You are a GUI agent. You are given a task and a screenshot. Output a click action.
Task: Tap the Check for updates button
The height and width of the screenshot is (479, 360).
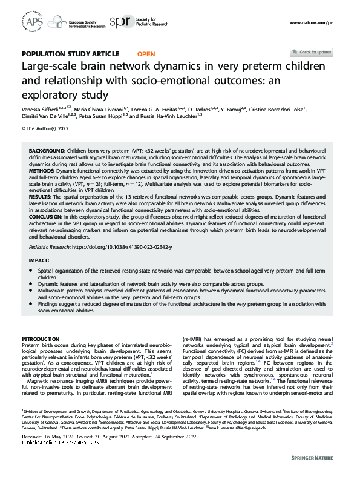(x=311, y=52)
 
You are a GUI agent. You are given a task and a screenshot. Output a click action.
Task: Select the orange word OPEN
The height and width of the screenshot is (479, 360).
(x=146, y=54)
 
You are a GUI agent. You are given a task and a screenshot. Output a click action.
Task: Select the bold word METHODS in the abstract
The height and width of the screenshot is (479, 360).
(x=43, y=172)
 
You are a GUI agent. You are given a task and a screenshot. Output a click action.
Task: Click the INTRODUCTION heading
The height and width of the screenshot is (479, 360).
(x=40, y=339)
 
